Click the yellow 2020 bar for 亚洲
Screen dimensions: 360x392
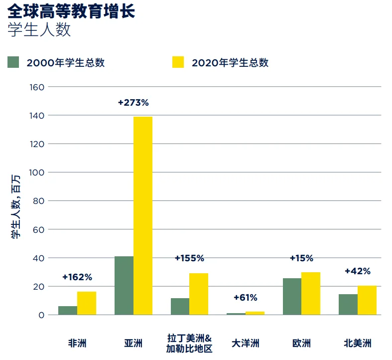tap(142, 215)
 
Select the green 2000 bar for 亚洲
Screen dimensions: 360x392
tap(124, 286)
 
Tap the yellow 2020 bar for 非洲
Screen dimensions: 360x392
tap(87, 303)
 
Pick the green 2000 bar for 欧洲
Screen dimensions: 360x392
tap(292, 297)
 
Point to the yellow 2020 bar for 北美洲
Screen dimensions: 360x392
tap(367, 300)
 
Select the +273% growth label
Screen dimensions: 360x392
tap(133, 103)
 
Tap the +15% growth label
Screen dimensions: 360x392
tap(301, 258)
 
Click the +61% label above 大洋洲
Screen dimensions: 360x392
tap(245, 298)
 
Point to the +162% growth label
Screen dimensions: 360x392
tap(77, 277)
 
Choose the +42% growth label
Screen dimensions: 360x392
tap(358, 271)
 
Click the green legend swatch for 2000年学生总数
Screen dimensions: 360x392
tap(13, 62)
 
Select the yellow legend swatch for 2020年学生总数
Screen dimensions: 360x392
tap(178, 62)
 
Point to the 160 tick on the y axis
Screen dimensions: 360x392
tap(38, 87)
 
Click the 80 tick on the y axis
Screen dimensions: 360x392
tap(40, 201)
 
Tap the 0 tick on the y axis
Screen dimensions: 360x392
tap(42, 315)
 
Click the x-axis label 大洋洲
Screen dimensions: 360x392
tap(246, 344)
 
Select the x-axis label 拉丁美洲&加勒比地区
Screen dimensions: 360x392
tap(189, 344)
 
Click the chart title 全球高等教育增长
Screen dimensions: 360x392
tap(71, 11)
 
